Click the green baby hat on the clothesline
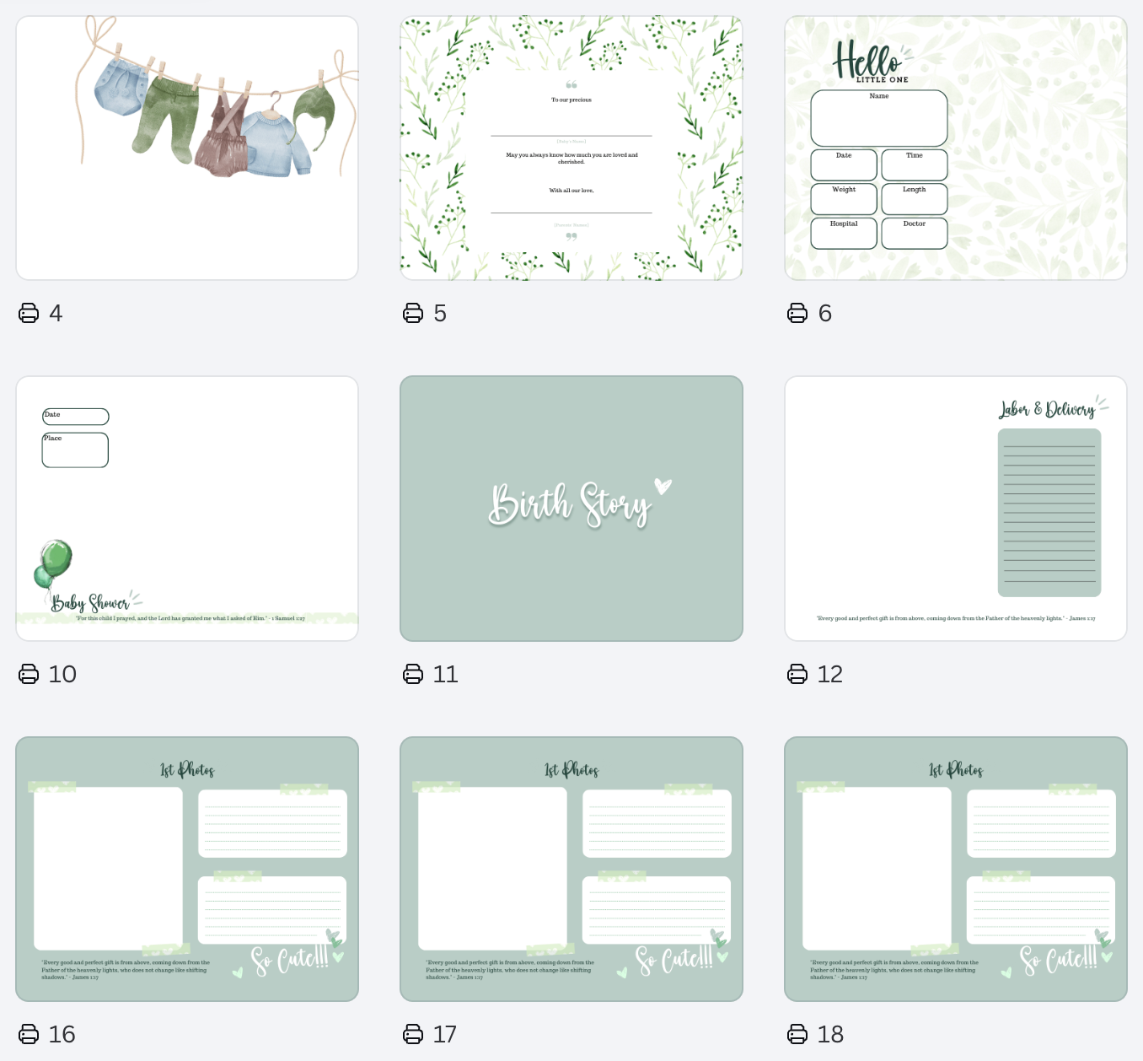[x=315, y=114]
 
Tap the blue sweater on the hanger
[x=269, y=143]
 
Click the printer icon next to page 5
[x=413, y=314]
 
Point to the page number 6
[x=825, y=314]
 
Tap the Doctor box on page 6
[x=915, y=234]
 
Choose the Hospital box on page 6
[x=844, y=234]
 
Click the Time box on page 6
[x=915, y=165]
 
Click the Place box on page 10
[x=75, y=450]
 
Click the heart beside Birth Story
[x=663, y=486]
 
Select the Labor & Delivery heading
[x=1048, y=410]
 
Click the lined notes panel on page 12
[x=1049, y=513]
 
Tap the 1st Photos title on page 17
[x=571, y=770]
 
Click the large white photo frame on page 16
[x=108, y=868]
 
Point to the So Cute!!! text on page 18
[x=1059, y=959]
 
